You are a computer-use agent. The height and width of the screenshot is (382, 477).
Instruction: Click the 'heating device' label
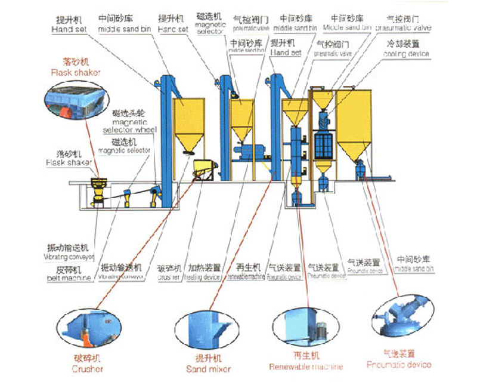click(x=205, y=273)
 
